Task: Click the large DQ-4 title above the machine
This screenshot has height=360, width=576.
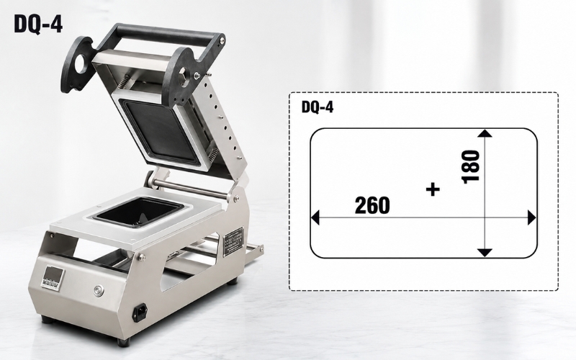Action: click(x=38, y=24)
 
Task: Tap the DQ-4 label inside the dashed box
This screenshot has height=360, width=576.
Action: click(x=318, y=107)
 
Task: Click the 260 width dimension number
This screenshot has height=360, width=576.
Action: click(x=372, y=205)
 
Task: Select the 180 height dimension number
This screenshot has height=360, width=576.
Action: click(x=471, y=166)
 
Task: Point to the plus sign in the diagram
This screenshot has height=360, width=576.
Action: click(x=433, y=189)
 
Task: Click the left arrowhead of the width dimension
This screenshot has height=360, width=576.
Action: click(x=315, y=217)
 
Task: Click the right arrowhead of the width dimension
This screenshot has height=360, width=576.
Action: click(x=531, y=217)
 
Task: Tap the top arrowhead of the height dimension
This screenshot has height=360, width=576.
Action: click(x=485, y=133)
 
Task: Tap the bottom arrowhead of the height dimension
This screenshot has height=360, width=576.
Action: click(x=485, y=253)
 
